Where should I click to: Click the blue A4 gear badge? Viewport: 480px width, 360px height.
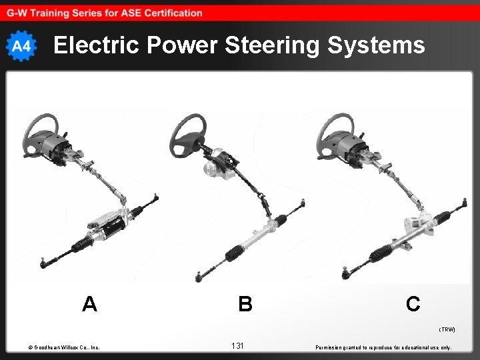pos(21,46)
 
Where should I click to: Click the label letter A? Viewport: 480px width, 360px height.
pos(89,304)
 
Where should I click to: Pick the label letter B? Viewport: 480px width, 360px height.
pos(245,304)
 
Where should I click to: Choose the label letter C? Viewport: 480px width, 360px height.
pos(413,304)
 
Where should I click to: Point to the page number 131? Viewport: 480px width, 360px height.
pos(237,345)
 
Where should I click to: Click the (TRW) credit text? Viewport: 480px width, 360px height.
pos(447,329)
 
